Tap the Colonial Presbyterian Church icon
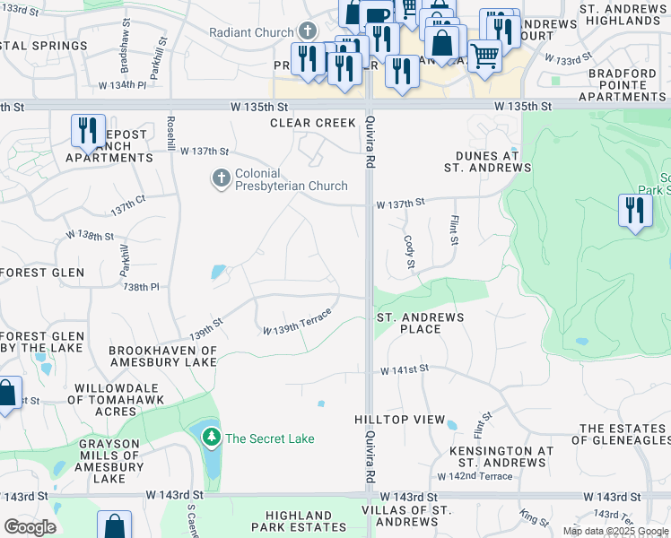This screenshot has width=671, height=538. tap(221, 179)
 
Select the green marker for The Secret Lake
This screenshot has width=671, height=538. tap(212, 438)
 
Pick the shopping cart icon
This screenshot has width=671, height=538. tap(484, 55)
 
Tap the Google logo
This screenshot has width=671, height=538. tap(30, 526)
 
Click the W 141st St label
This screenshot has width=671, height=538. tap(405, 369)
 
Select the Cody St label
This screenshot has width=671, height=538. tap(410, 252)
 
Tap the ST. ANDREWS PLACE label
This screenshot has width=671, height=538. tap(420, 323)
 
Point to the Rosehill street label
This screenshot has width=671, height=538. tap(170, 134)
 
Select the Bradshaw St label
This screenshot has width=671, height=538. tap(125, 56)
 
